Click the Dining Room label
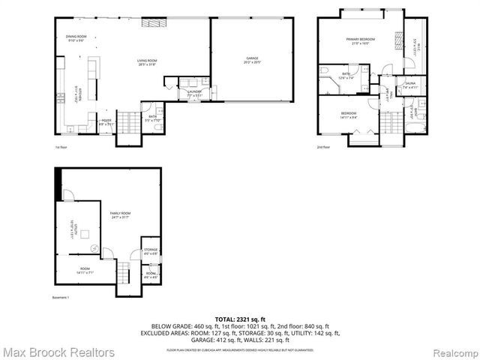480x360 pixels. point(76,37)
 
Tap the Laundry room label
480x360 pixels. point(193,93)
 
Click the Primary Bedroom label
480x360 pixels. point(360,40)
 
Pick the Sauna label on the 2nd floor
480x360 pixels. point(410,85)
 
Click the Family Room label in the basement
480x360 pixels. point(120,215)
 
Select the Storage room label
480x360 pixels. point(150,251)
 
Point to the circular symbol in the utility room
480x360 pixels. point(94,247)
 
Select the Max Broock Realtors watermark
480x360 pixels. point(58,352)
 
